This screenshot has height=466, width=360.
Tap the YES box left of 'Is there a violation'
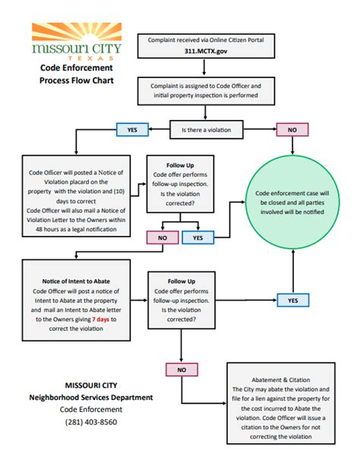(x=131, y=130)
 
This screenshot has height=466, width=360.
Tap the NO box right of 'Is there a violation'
(x=292, y=130)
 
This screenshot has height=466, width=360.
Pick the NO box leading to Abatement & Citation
(x=182, y=370)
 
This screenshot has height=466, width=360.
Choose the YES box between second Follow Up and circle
(x=292, y=301)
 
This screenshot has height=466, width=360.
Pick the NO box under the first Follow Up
(x=161, y=238)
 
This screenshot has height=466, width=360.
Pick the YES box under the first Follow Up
(x=198, y=238)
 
